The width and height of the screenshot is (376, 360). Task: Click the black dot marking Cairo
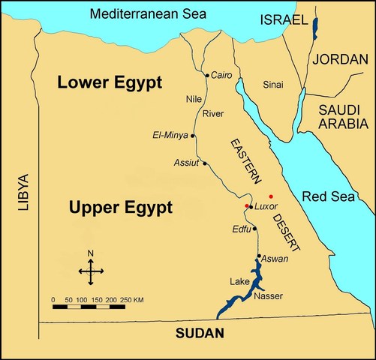pyautogui.click(x=207, y=75)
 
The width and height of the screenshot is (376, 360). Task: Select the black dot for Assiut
pyautogui.click(x=204, y=163)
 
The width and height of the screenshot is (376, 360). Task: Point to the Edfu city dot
pyautogui.click(x=254, y=229)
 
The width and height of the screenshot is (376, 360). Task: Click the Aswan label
pyautogui.click(x=274, y=258)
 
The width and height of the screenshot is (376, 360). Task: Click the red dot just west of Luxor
pyautogui.click(x=245, y=205)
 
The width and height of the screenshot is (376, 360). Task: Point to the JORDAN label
pyautogui.click(x=341, y=59)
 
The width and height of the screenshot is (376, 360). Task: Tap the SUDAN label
pyautogui.click(x=197, y=333)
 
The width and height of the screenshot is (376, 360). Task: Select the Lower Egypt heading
pyautogui.click(x=110, y=84)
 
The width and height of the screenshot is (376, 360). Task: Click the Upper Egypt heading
pyautogui.click(x=119, y=206)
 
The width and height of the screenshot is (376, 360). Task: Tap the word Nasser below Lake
pyautogui.click(x=269, y=295)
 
